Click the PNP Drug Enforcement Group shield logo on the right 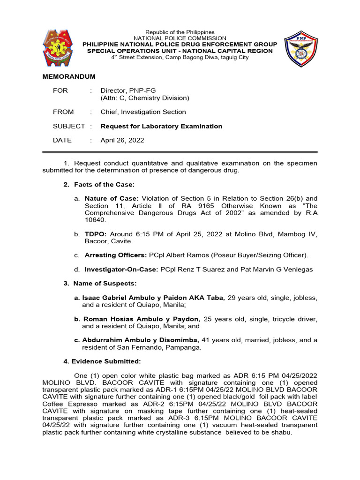301,49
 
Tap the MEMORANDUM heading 69,76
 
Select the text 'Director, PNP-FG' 125,90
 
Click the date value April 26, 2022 122,140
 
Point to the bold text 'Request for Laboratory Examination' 161,126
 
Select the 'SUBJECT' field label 69,126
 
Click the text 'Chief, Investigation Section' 143,112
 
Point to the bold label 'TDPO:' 95,234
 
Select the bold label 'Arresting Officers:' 115,255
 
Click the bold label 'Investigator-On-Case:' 121,270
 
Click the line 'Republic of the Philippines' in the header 180,32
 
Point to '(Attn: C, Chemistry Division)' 145,98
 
